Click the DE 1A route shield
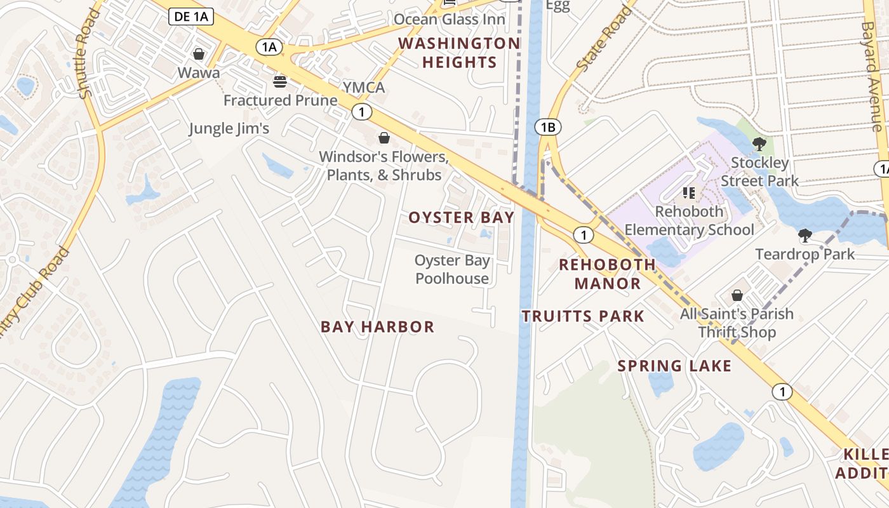[x=190, y=17]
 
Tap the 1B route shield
[x=547, y=127]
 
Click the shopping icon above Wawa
[x=199, y=54]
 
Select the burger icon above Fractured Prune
[x=280, y=81]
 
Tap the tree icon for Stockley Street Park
[x=759, y=144]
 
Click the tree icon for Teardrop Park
[x=805, y=236]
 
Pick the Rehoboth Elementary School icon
[x=689, y=192]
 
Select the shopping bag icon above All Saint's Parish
[x=737, y=295]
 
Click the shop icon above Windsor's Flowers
[x=384, y=138]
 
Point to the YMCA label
[x=364, y=87]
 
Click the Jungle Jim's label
[x=229, y=128]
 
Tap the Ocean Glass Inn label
[x=449, y=19]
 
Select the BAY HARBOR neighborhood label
[x=377, y=327]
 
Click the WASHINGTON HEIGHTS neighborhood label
[x=459, y=53]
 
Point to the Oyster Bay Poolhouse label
[x=452, y=269]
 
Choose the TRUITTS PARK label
[x=583, y=316]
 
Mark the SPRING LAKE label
[x=674, y=366]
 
